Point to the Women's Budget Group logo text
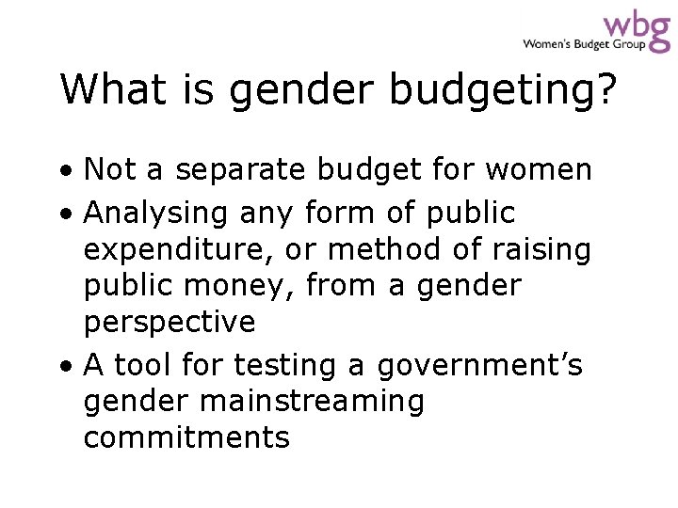(584, 43)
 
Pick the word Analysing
(156, 214)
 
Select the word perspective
(169, 323)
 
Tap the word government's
(479, 365)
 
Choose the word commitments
(186, 437)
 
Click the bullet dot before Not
(71, 171)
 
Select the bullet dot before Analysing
(71, 214)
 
